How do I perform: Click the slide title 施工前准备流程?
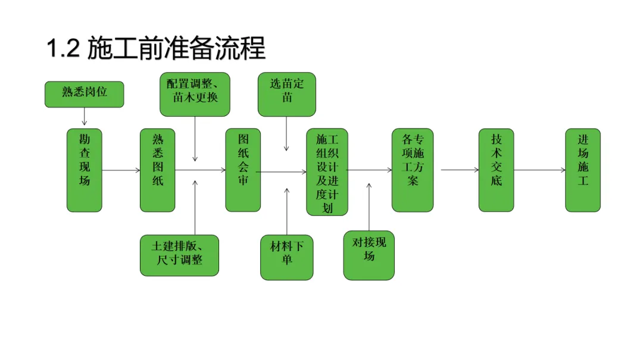pos(176,48)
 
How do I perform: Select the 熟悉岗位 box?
pos(85,94)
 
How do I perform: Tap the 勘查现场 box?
pos(84,170)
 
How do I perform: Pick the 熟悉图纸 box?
pos(158,170)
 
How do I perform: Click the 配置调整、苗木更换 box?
pos(195,94)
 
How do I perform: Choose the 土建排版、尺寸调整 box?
pos(180,255)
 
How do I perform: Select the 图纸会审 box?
pos(243,170)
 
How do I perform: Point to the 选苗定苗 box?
pos(286,94)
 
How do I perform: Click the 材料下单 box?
pos(286,258)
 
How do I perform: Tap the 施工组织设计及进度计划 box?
pos(327,172)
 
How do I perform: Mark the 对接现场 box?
pos(369,255)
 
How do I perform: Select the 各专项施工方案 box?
pos(413,170)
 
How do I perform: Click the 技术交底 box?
pos(496,170)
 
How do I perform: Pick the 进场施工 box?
pos(583,170)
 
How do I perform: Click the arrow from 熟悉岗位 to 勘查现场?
pos(85,117)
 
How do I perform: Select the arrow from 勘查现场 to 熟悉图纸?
pos(121,171)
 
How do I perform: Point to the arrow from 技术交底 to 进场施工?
pos(539,171)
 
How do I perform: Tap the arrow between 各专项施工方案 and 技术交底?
pos(460,170)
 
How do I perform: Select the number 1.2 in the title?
pos(63,48)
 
